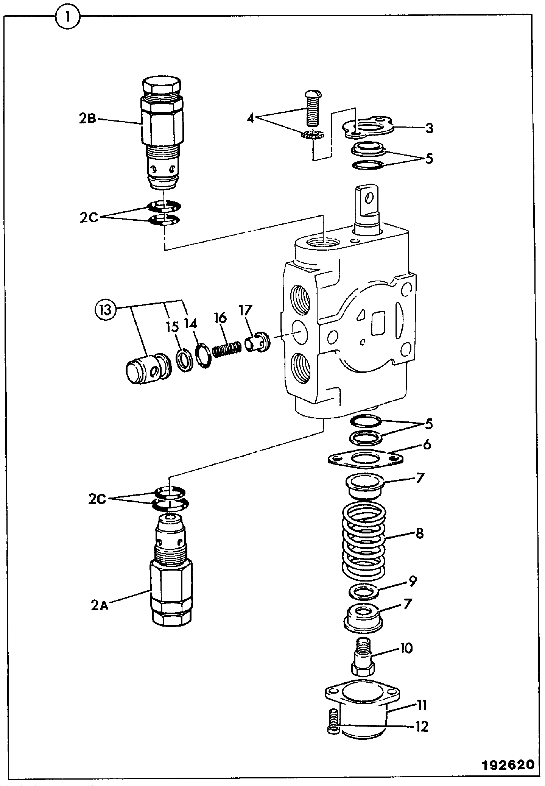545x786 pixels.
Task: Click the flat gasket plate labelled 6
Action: pos(365,458)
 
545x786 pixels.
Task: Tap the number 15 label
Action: pos(174,325)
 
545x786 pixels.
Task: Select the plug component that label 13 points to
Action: pos(148,368)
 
